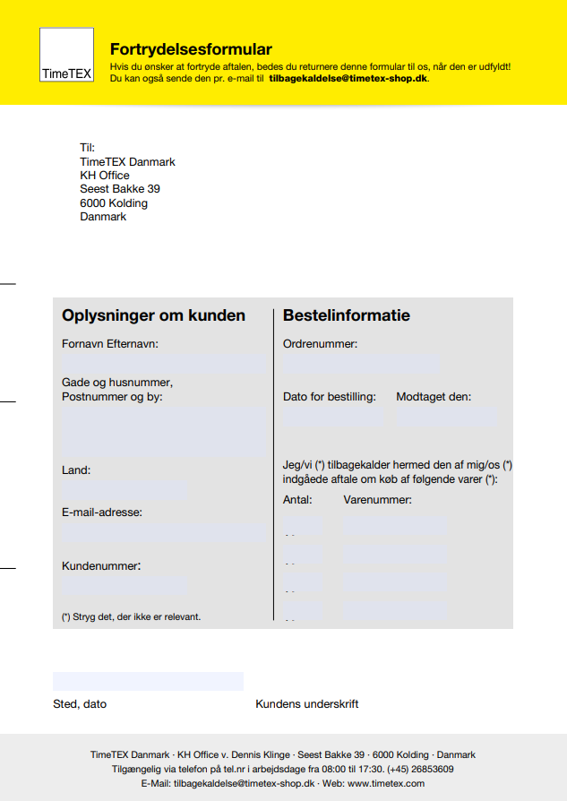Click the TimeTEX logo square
(66, 56)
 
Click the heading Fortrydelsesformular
(191, 49)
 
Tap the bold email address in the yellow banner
(348, 79)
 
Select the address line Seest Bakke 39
(120, 189)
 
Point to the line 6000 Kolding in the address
(114, 203)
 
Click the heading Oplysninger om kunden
(153, 315)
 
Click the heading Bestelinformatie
(347, 315)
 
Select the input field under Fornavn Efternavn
(164, 364)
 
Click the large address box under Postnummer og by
(164, 431)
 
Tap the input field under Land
(125, 489)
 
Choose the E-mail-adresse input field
(164, 532)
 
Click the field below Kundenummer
(125, 587)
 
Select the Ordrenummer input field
(361, 364)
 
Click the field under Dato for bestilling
(332, 416)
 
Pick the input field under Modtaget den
(447, 416)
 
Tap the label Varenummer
(377, 499)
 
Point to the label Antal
(297, 499)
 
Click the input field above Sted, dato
(148, 681)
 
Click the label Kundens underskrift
(307, 704)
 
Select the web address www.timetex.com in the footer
(385, 783)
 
